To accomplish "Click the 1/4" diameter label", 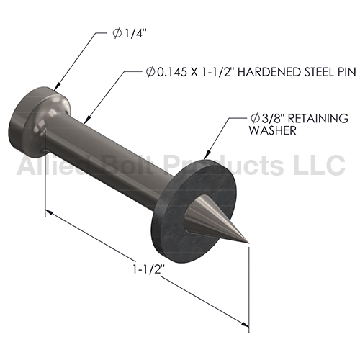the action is (x=130, y=34).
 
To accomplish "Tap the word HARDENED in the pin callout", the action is (x=269, y=72).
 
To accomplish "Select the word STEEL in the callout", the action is (x=318, y=72).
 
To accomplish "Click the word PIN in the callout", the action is (x=346, y=72).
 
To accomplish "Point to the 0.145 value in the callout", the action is (x=171, y=72).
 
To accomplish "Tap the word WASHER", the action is (x=272, y=130).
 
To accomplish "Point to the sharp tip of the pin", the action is (x=248, y=244).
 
